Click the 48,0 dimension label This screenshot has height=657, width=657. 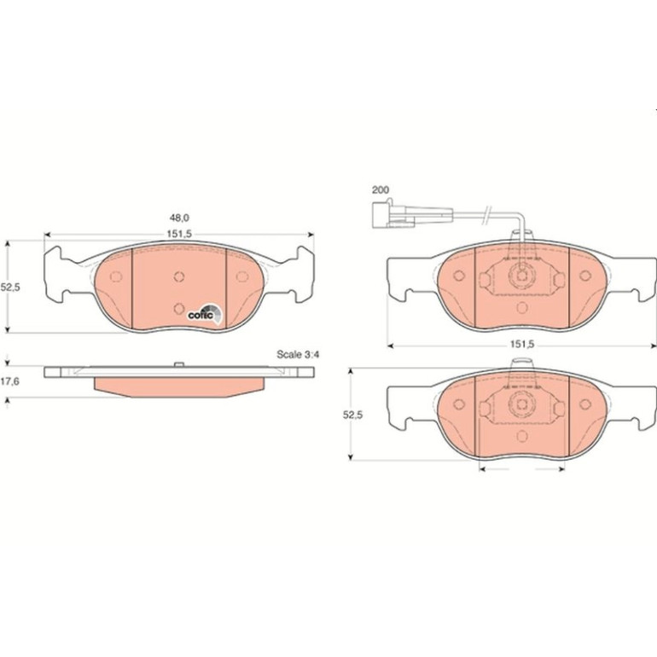coord(179,218)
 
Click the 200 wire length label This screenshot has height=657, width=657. coord(381,189)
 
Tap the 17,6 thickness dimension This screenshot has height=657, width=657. coord(9,381)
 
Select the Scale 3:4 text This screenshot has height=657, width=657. coord(298,354)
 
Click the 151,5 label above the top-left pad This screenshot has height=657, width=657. coord(179,234)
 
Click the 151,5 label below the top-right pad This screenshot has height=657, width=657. coord(522,345)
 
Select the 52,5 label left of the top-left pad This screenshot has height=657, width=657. coord(10,288)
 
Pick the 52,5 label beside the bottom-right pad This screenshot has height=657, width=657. coord(352,415)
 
